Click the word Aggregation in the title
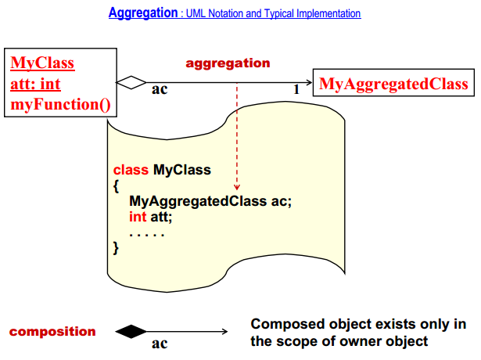(143, 13)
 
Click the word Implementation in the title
(328, 13)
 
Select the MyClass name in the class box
(42, 63)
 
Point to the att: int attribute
(35, 84)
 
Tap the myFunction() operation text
(60, 104)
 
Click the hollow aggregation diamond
(131, 82)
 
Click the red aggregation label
(228, 63)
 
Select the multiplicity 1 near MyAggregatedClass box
(296, 89)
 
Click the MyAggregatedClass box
(393, 82)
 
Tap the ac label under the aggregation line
(160, 89)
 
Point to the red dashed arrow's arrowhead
(237, 187)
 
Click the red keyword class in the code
(131, 170)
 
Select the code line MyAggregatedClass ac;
(210, 201)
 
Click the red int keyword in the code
(138, 217)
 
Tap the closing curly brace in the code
(116, 248)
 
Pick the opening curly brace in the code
(116, 186)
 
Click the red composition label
(52, 332)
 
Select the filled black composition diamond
(131, 332)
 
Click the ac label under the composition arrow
(160, 344)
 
